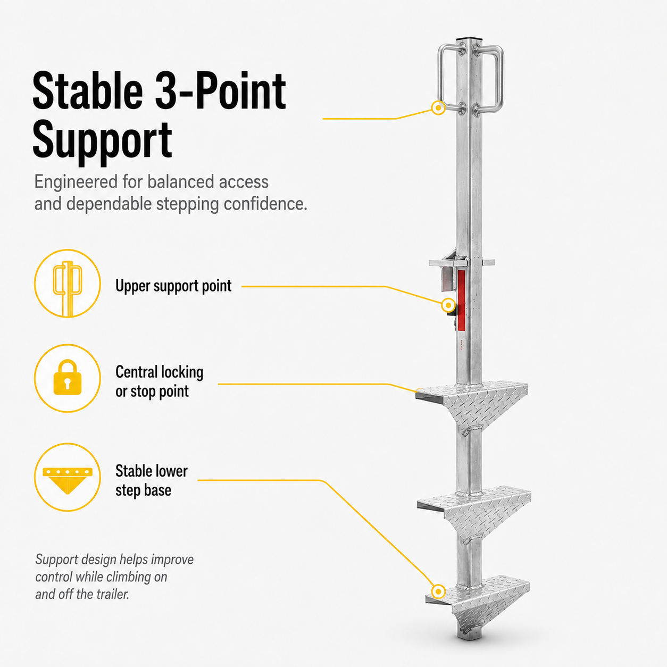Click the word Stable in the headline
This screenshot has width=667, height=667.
pos(88,90)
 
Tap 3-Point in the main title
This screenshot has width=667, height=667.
pos(221,90)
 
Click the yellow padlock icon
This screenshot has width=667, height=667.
pos(68,377)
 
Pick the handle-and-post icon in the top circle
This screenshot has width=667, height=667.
pos(67,288)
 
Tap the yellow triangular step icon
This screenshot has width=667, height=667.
pos(68,480)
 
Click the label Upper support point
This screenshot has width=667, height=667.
pos(173,286)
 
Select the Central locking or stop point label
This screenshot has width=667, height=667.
pos(159,382)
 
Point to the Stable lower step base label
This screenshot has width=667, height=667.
pos(151,480)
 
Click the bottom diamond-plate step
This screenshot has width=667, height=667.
pos(478,602)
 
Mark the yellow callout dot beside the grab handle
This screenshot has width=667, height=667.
pos(438,107)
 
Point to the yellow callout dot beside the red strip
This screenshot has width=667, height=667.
pos(448,305)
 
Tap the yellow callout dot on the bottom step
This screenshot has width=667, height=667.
pos(438,591)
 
